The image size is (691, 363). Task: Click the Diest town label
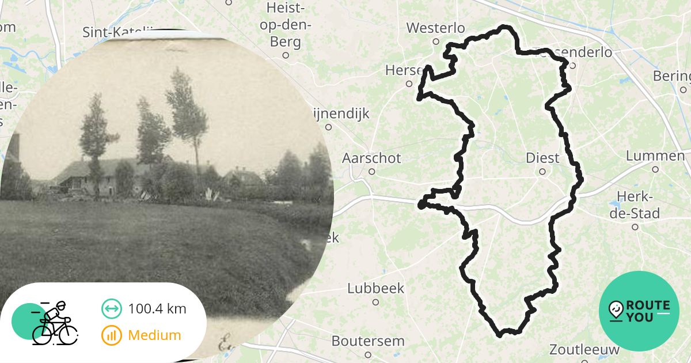(x=542, y=158)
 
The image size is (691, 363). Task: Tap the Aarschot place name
(x=371, y=158)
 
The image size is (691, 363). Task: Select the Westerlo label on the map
(x=435, y=28)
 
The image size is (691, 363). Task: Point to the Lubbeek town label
(x=376, y=288)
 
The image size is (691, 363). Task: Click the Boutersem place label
(x=368, y=341)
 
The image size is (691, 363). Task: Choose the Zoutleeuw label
(x=584, y=349)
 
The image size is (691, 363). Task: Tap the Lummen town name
(x=655, y=156)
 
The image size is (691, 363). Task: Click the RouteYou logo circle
(x=639, y=311)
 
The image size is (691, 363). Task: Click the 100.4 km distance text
(x=157, y=309)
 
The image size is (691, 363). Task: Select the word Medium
(x=154, y=335)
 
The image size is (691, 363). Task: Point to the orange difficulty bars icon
(x=111, y=335)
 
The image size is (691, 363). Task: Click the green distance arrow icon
(x=111, y=309)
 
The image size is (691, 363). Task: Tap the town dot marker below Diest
(x=542, y=171)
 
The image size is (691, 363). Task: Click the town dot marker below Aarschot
(x=372, y=171)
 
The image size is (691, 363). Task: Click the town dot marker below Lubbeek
(x=375, y=301)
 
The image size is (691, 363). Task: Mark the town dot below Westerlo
(x=436, y=41)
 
